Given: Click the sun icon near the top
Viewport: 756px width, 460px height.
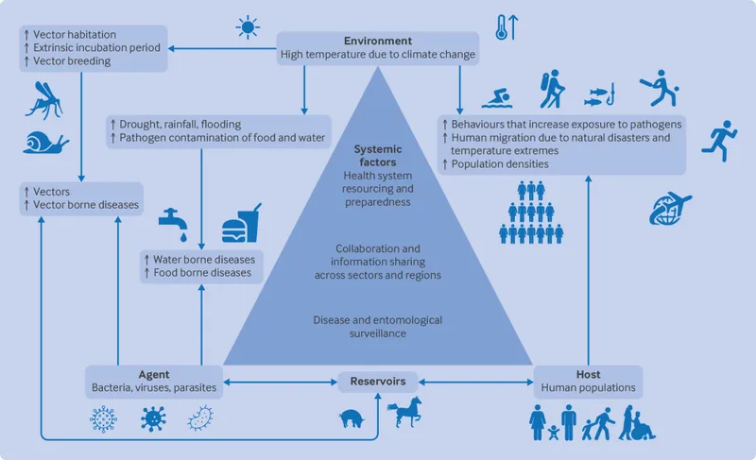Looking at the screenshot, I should (x=249, y=27).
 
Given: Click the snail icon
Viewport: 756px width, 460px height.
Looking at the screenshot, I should (x=46, y=144).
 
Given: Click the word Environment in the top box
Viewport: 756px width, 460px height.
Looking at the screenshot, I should (x=377, y=42).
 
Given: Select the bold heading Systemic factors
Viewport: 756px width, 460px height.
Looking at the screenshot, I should (x=377, y=157).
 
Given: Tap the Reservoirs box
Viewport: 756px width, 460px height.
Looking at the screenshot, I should (x=377, y=382).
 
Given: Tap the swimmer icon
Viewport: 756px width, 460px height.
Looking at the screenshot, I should (x=497, y=97).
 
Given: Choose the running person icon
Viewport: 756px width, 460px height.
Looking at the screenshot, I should (x=719, y=137).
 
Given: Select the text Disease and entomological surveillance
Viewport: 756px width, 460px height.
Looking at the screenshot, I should (x=377, y=327).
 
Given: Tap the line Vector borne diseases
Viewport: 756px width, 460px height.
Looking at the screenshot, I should (x=85, y=205).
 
